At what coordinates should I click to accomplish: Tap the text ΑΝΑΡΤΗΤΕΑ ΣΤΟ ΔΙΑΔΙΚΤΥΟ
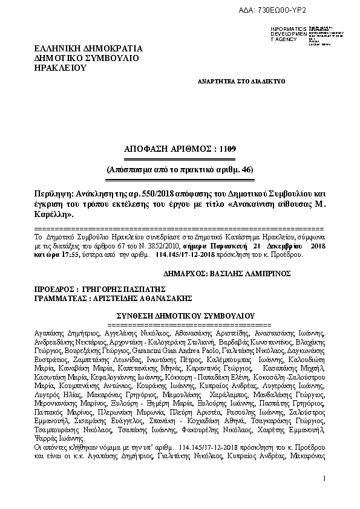[x=241, y=80]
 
